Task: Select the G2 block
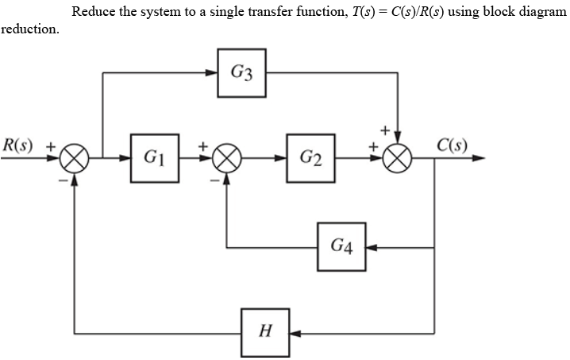tap(312, 158)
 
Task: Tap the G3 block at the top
tap(242, 73)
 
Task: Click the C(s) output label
tap(452, 145)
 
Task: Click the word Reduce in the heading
tap(93, 11)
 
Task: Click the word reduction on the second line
tap(29, 29)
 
